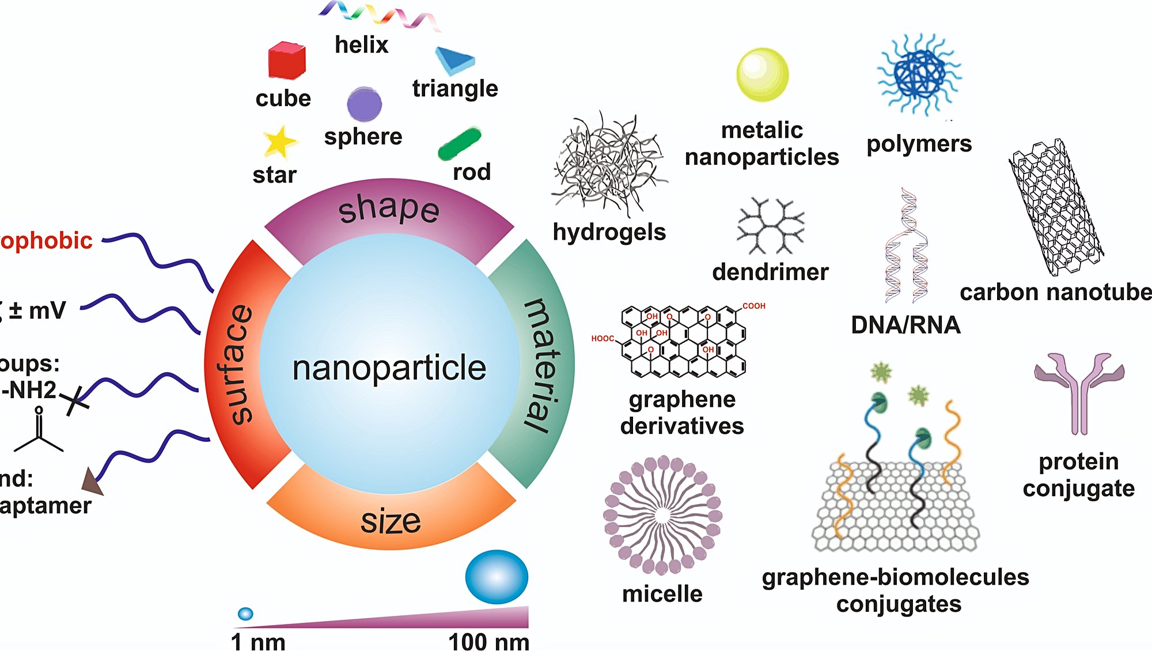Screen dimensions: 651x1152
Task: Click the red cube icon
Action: [286, 60]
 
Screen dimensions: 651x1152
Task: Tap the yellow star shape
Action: [280, 142]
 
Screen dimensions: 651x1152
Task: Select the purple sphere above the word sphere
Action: [364, 104]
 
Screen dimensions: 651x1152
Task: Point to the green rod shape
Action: [459, 143]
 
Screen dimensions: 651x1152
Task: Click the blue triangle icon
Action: [454, 60]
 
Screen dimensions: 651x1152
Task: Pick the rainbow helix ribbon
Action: [379, 15]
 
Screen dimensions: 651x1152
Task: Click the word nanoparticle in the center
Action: [389, 368]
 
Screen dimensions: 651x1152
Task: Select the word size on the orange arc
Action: [391, 521]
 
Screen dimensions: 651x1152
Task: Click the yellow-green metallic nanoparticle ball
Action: [762, 75]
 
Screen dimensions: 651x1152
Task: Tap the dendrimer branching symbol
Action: [770, 226]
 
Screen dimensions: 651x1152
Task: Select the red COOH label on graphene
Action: [753, 306]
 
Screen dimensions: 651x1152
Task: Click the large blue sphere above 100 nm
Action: [497, 577]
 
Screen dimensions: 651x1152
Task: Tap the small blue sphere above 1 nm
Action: [245, 614]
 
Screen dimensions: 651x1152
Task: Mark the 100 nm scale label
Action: [488, 641]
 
